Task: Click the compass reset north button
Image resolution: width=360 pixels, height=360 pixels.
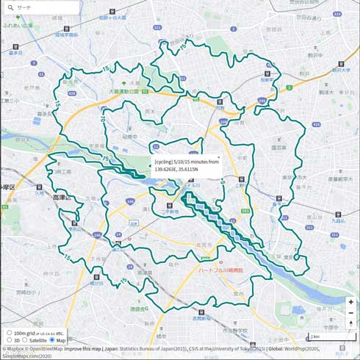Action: pyautogui.click(x=350, y=323)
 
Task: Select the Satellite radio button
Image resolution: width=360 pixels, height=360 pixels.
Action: pyautogui.click(x=24, y=340)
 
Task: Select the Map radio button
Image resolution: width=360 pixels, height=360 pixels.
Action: pyautogui.click(x=51, y=340)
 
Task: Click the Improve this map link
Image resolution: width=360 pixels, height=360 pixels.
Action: pyautogui.click(x=82, y=349)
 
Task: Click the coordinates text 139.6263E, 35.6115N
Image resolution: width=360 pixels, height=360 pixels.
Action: pyautogui.click(x=177, y=169)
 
